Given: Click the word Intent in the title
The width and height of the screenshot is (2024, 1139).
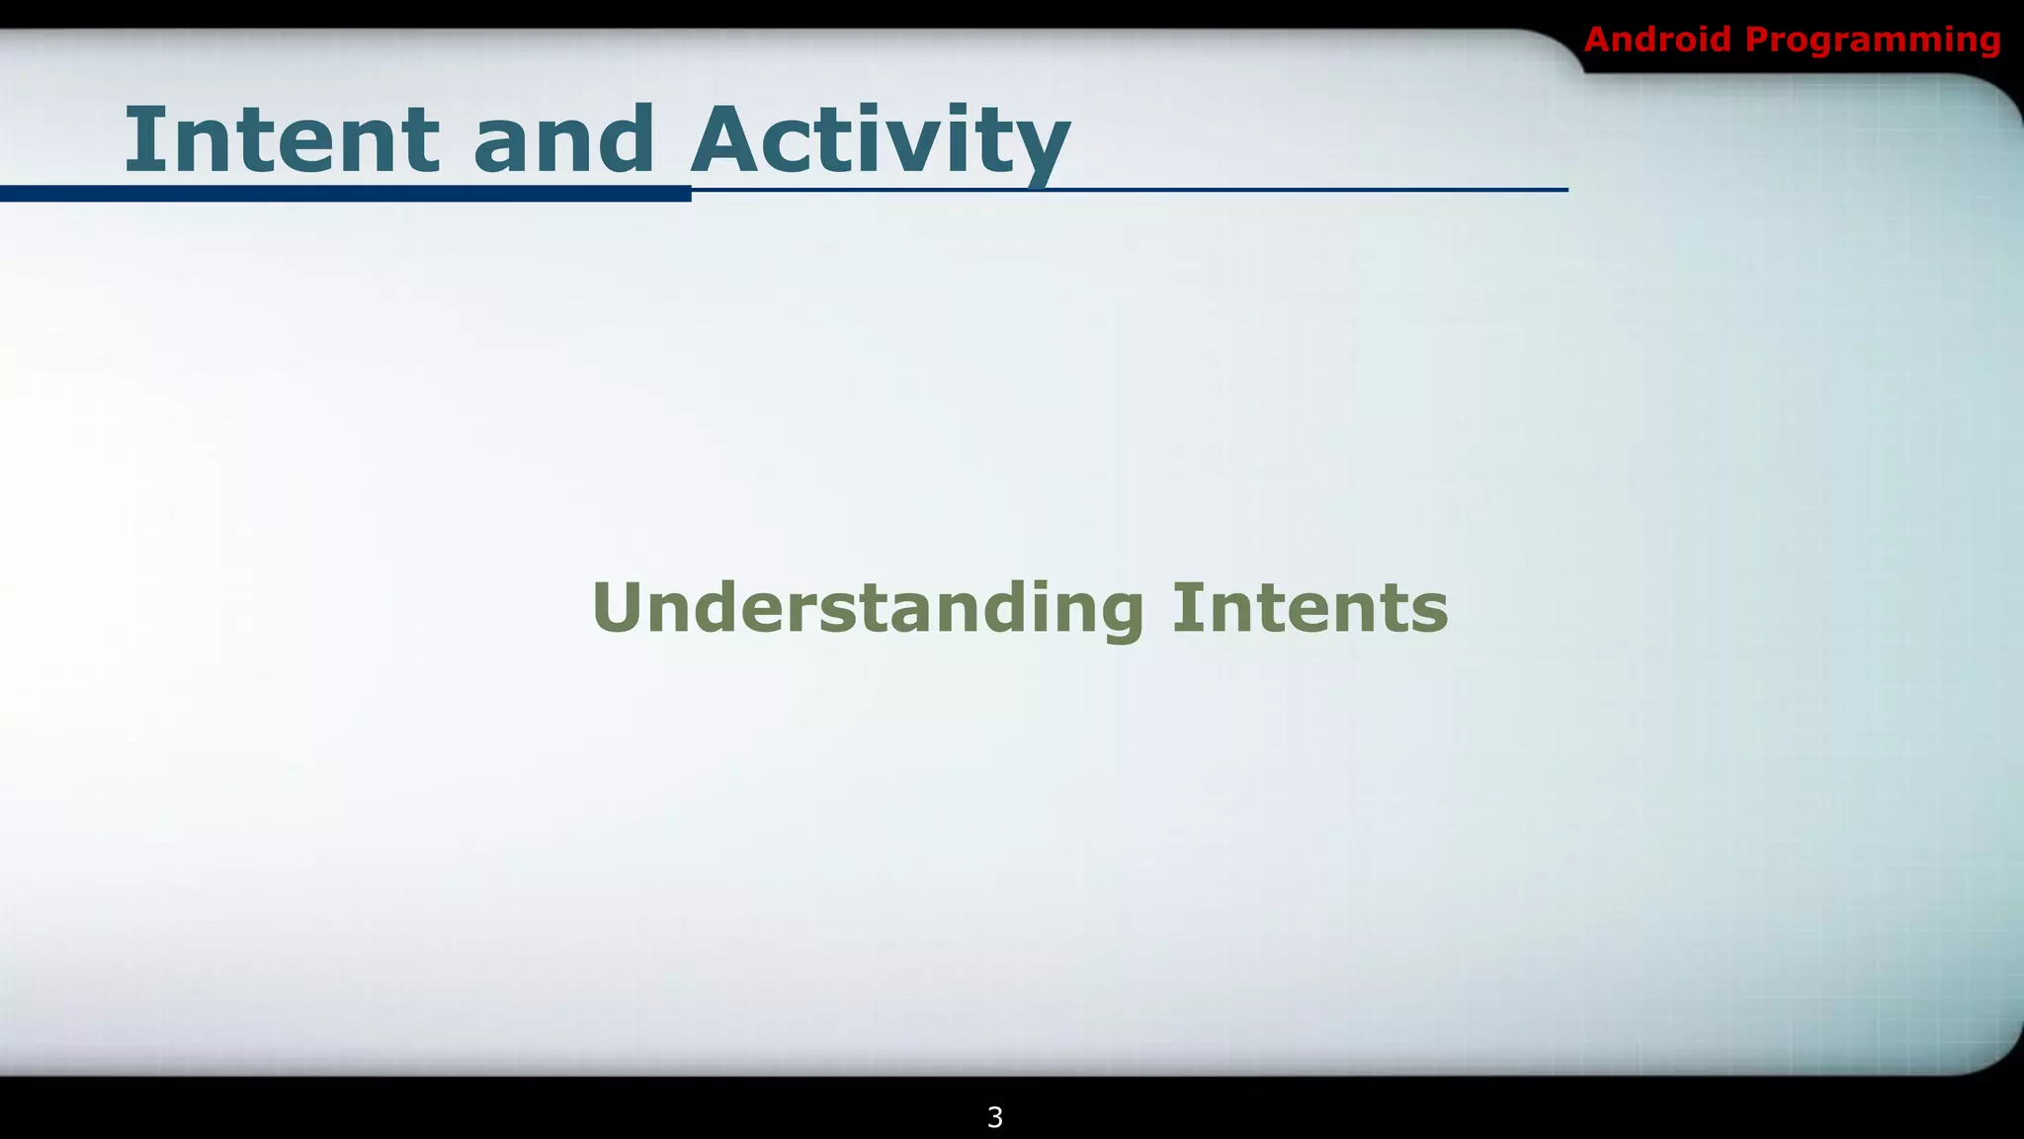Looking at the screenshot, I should click(281, 140).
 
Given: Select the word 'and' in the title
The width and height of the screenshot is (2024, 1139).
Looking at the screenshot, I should click(563, 140).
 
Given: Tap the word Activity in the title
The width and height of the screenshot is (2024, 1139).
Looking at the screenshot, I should click(880, 140).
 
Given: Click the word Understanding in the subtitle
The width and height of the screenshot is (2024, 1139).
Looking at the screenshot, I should click(868, 608).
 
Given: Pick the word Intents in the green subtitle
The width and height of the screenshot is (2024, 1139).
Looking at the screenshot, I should click(1309, 608).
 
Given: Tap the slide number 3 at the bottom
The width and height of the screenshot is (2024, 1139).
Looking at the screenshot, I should click(995, 1117).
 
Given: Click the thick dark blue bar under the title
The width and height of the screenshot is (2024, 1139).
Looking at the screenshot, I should click(346, 194).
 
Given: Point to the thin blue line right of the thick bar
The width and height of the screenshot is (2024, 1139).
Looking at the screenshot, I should click(1127, 189).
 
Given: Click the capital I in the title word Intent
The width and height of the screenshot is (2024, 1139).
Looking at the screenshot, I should click(140, 138).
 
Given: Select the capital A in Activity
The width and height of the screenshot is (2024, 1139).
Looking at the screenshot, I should click(729, 138).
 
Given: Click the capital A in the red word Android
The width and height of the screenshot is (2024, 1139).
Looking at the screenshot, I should click(1599, 40).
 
